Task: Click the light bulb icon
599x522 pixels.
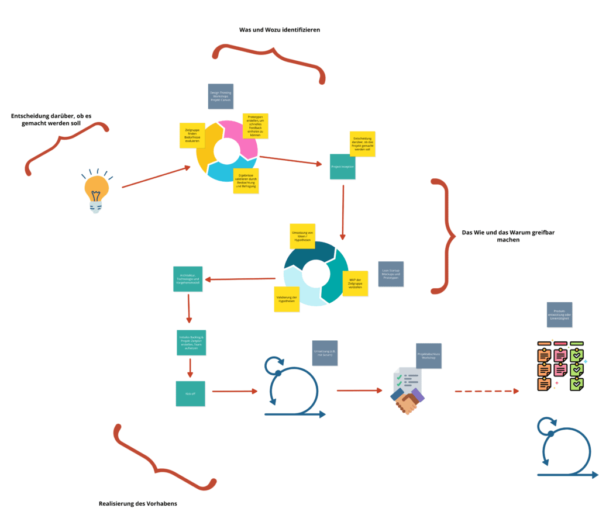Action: pos(97,191)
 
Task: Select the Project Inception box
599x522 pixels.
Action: pos(342,167)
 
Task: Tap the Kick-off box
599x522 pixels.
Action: pos(190,393)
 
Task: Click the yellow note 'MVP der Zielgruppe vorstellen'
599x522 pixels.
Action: pos(355,284)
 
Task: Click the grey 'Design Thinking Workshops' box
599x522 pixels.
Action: pos(221,96)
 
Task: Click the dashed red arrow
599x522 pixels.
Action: pos(486,391)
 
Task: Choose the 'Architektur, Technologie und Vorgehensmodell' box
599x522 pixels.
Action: pos(188,279)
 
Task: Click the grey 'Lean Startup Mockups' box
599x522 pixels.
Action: pos(390,274)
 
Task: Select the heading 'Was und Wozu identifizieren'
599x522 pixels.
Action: pos(280,29)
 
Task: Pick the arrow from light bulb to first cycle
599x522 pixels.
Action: pos(156,177)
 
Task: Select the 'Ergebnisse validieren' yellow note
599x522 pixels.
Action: pos(246,181)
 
